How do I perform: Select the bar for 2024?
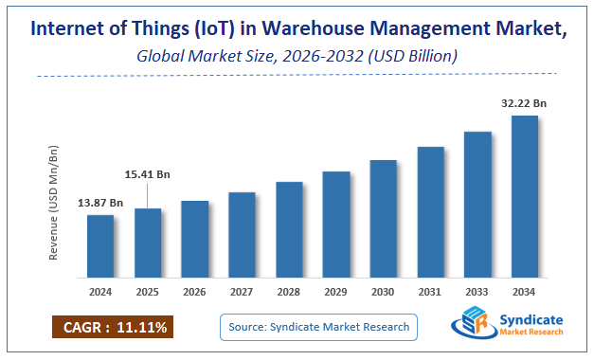pos(100,244)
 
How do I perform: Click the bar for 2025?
pos(148,242)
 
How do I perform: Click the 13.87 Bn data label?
pos(100,203)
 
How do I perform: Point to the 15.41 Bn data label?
pos(148,174)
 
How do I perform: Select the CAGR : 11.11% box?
pos(113,328)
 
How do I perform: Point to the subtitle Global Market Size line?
pos(297,57)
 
